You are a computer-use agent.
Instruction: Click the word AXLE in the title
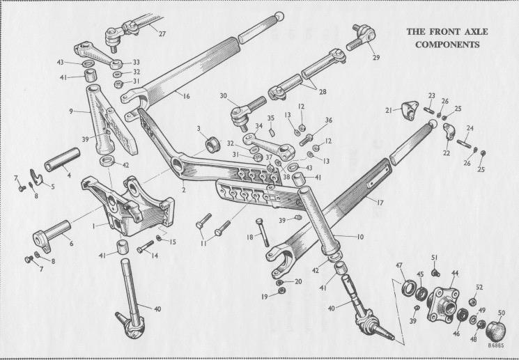474,32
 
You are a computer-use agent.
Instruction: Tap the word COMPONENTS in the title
447,45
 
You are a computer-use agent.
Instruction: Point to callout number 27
162,33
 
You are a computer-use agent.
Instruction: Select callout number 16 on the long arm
186,96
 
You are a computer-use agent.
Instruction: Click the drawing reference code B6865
495,345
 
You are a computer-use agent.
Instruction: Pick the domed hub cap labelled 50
495,331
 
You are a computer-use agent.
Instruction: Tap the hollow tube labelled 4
62,159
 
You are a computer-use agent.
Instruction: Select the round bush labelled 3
212,145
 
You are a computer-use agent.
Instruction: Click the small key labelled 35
272,133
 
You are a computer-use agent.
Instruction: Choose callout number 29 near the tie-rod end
375,58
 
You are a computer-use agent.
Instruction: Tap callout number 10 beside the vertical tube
360,237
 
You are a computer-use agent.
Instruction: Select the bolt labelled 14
146,246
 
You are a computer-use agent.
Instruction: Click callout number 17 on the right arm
380,202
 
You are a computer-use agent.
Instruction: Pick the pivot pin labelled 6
52,235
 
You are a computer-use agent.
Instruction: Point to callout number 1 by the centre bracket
94,226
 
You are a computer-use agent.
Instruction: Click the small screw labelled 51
435,273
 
